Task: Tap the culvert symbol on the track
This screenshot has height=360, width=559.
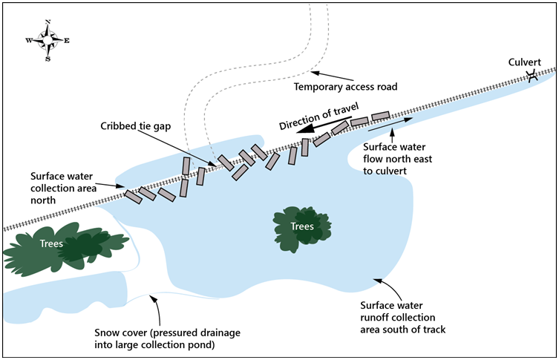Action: [532, 77]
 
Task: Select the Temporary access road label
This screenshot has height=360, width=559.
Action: [345, 87]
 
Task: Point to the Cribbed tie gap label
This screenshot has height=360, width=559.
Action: [136, 126]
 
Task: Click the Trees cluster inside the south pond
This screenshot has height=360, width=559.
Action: [301, 226]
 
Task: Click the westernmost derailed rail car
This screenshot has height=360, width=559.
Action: [133, 197]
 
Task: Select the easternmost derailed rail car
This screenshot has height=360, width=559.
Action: [380, 116]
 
